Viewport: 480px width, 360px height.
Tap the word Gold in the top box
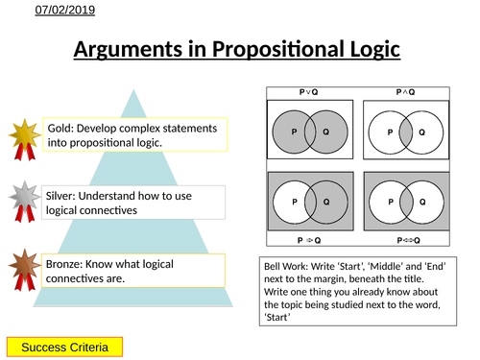click(60, 128)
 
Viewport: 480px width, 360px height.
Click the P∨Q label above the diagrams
click(309, 91)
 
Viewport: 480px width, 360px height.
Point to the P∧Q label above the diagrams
click(406, 91)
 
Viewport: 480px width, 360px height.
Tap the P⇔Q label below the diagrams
click(406, 241)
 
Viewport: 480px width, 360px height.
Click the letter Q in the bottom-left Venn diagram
click(326, 201)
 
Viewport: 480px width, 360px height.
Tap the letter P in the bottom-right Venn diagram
click(392, 201)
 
